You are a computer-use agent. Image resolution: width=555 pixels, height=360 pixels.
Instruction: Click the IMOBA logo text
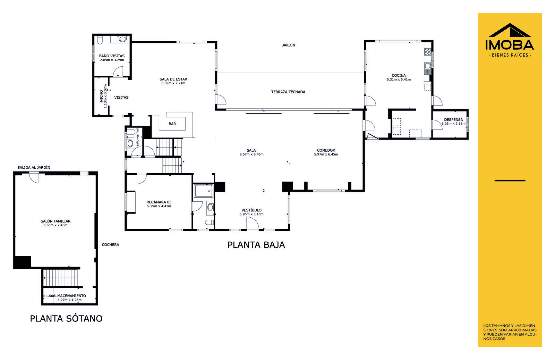tap(510, 45)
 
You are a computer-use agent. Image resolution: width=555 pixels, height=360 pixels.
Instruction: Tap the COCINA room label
tap(399, 75)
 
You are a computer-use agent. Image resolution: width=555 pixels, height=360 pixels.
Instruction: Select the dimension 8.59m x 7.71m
tap(173, 83)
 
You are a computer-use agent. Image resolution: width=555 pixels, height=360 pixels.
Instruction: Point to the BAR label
tap(172, 124)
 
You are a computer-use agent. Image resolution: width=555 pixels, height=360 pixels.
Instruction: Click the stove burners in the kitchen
tap(428, 52)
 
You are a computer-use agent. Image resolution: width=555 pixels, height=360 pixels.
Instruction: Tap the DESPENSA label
tap(453, 119)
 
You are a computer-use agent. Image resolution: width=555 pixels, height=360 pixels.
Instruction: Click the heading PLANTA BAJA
tap(256, 245)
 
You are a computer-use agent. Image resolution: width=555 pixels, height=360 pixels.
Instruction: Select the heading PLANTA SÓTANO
tap(66, 319)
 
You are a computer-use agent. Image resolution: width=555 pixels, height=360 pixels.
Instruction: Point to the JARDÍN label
tap(289, 45)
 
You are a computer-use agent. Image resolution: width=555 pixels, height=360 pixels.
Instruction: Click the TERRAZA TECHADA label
tap(288, 92)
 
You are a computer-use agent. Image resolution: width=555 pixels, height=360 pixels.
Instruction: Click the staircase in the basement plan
tap(60, 278)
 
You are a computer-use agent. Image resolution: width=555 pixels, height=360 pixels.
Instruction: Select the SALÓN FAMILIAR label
tap(55, 221)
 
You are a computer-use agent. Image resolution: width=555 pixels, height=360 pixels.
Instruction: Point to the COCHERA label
tap(111, 245)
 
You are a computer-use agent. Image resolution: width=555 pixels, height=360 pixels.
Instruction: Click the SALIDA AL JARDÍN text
tap(34, 168)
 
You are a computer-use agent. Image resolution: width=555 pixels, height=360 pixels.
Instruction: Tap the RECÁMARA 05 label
tap(159, 202)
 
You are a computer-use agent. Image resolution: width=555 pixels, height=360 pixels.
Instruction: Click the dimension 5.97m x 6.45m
tap(326, 154)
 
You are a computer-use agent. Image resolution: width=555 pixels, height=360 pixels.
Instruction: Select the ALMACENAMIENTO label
tap(70, 296)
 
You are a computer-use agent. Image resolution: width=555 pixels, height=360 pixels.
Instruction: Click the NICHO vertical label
tap(101, 96)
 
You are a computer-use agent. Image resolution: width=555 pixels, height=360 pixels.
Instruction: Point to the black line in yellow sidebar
tap(510, 181)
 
